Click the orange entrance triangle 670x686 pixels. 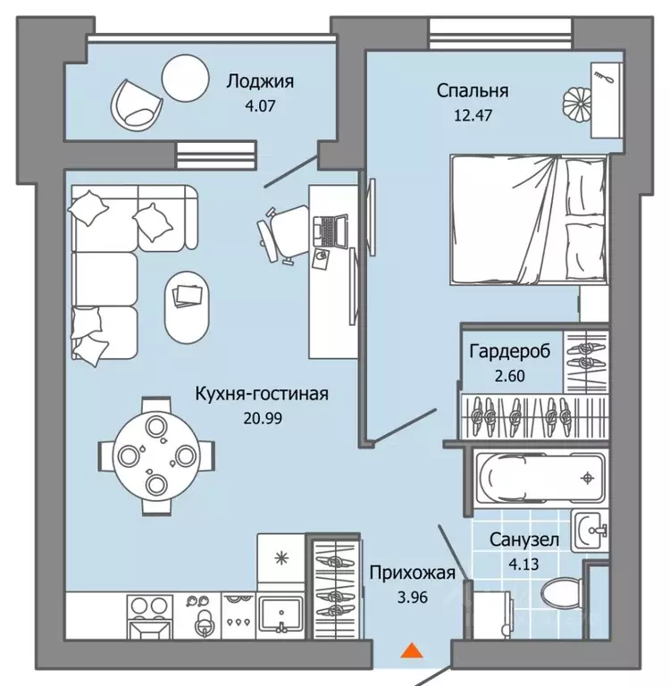tap(411, 651)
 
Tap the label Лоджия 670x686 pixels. tap(260, 82)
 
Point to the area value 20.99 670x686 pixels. tap(264, 417)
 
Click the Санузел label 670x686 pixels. tap(524, 540)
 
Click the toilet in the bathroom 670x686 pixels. tap(558, 596)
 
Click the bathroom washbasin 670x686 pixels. tap(590, 532)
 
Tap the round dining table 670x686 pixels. tap(155, 456)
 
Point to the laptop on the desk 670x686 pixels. tap(331, 230)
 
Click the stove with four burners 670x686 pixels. tap(146, 615)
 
